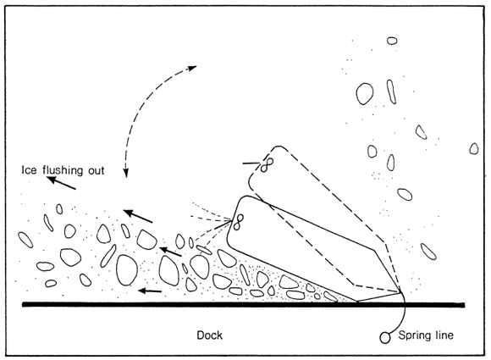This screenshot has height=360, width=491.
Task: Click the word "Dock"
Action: [209, 335]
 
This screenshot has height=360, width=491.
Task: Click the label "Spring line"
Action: [426, 336]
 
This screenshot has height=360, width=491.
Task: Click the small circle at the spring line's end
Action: [385, 338]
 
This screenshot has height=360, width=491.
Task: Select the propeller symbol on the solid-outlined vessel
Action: [240, 222]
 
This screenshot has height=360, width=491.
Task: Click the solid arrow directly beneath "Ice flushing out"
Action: [61, 183]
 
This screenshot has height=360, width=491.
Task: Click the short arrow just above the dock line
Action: [150, 291]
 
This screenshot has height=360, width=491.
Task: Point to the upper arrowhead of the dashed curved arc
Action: [192, 67]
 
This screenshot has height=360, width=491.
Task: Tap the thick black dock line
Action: [243, 305]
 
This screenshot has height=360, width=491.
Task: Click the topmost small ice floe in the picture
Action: [392, 41]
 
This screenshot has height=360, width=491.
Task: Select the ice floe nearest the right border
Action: [474, 149]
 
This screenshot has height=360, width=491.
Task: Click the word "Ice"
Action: [29, 170]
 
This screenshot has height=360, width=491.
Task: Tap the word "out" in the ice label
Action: [97, 171]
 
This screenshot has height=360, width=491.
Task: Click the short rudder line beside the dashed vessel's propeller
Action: [251, 163]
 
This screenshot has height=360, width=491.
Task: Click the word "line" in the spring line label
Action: [444, 335]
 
